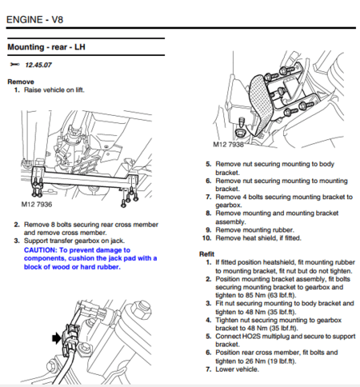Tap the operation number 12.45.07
pos(42,64)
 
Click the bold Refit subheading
pos(206,253)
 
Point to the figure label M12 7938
pos(229,145)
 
